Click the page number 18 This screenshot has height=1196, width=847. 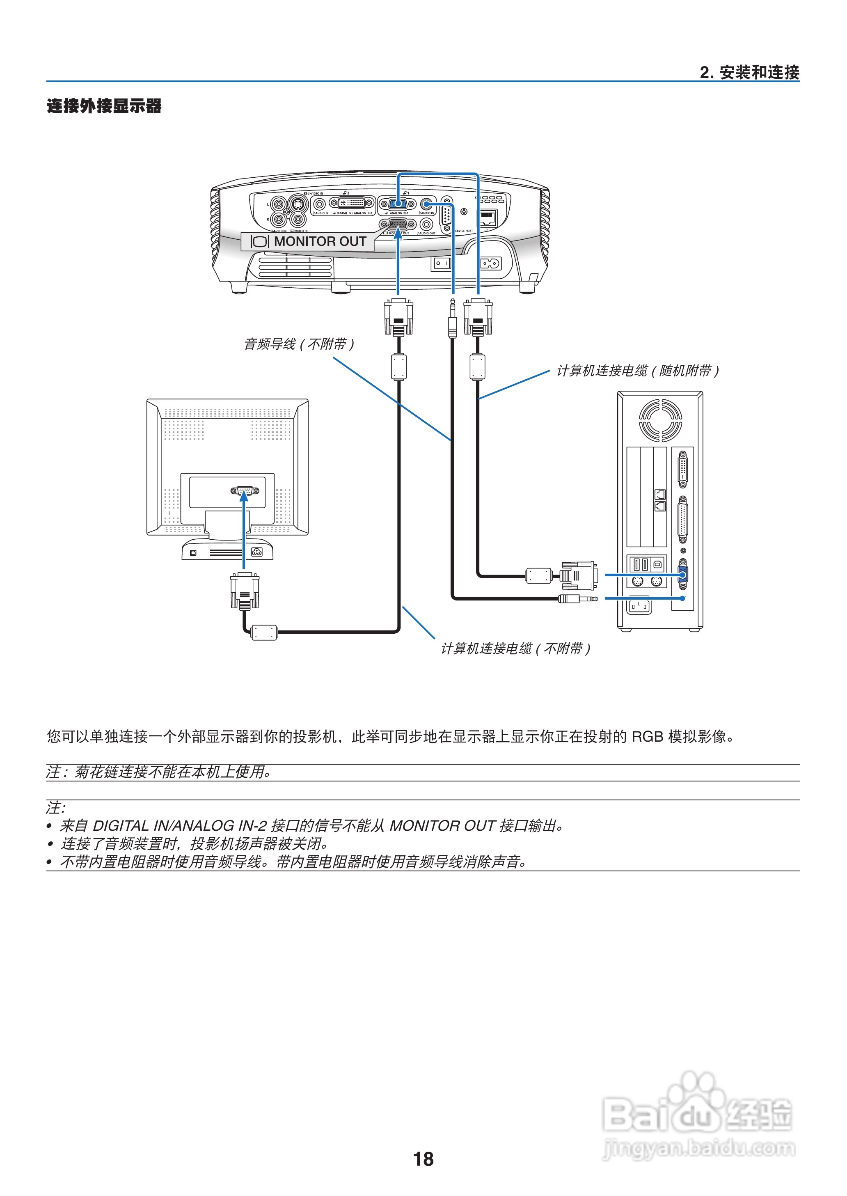(x=423, y=1159)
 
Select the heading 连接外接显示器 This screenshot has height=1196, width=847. (x=104, y=106)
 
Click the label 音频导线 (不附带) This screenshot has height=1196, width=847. (x=299, y=344)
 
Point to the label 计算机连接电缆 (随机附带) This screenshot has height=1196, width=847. (x=637, y=371)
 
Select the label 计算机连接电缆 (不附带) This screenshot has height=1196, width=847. (x=515, y=648)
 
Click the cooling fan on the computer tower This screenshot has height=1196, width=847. (x=660, y=420)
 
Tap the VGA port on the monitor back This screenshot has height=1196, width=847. (x=244, y=491)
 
